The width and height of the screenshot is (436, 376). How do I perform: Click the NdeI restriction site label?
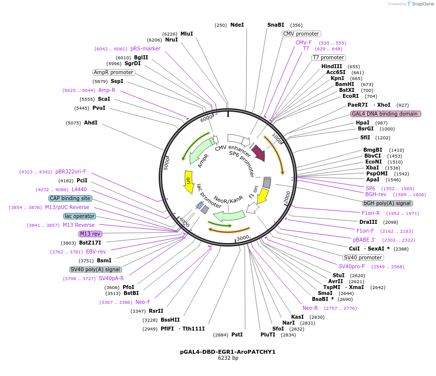(237, 25)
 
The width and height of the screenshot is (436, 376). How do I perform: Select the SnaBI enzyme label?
(276, 25)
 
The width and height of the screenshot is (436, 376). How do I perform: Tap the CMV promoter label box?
(301, 34)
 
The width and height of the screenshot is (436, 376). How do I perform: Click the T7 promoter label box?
(328, 58)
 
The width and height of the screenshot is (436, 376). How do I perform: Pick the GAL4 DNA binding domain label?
(386, 114)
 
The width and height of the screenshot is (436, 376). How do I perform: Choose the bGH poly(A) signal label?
(388, 203)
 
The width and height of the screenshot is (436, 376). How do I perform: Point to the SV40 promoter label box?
(363, 258)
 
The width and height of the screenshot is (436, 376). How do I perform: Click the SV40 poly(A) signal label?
(95, 269)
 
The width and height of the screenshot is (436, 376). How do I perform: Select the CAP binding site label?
(70, 198)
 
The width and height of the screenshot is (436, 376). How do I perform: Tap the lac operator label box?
(80, 216)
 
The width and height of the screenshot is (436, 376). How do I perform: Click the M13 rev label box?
(90, 234)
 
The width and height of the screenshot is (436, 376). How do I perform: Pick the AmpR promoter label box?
(114, 72)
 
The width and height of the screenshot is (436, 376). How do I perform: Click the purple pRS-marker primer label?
(145, 48)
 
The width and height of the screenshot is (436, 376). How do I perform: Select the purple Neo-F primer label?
(143, 302)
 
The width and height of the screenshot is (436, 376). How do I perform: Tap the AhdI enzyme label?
(90, 123)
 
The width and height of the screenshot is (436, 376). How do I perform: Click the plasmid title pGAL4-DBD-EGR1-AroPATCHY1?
(228, 352)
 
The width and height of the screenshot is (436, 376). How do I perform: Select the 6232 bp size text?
(228, 358)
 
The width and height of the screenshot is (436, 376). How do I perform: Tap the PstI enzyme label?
(237, 334)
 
